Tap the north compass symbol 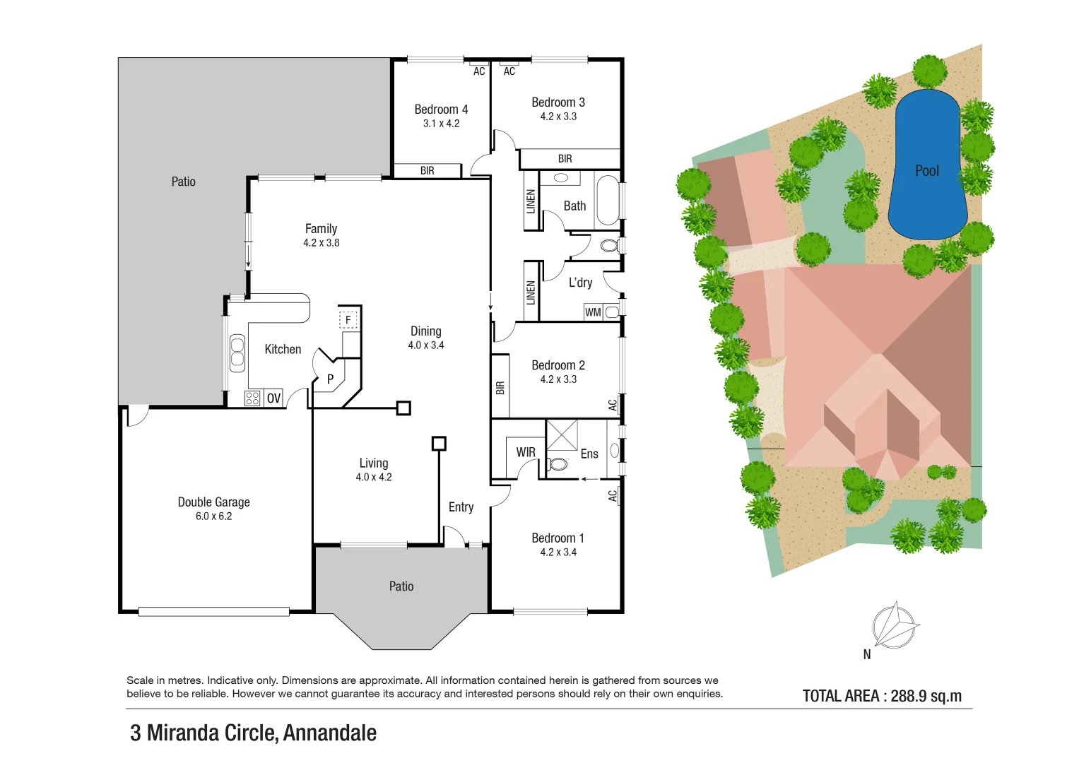[x=895, y=626]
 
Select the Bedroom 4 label [x=441, y=110]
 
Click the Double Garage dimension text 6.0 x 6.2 [x=213, y=516]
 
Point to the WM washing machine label [x=593, y=312]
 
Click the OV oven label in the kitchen [x=273, y=398]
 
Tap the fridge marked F [x=348, y=320]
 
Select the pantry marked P [x=329, y=379]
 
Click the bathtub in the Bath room [x=607, y=201]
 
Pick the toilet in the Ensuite [x=558, y=464]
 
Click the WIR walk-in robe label [x=526, y=452]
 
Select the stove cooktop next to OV [x=252, y=398]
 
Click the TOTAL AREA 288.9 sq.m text [x=882, y=696]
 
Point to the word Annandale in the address [x=329, y=733]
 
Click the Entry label [x=461, y=507]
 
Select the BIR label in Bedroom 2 [x=500, y=388]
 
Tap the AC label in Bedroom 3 [x=509, y=71]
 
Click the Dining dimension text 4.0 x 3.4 [x=425, y=345]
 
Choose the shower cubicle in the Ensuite [x=562, y=434]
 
